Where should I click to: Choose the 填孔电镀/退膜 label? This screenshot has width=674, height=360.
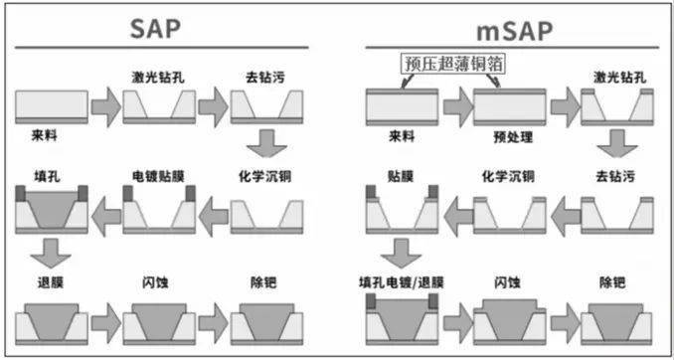pos(400,282)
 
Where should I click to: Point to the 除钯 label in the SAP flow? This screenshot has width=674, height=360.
pos(263,282)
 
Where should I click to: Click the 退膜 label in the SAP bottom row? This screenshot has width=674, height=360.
pos(46,282)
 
